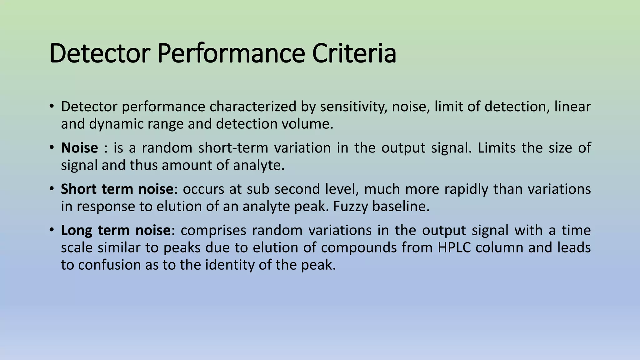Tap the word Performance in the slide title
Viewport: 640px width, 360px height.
click(231, 54)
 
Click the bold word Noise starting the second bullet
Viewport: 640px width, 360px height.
click(79, 148)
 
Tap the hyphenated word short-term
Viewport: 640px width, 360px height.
click(233, 148)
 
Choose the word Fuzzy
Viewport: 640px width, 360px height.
click(351, 207)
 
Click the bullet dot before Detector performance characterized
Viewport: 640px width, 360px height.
click(52, 106)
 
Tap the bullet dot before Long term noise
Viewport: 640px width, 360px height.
click(52, 230)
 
